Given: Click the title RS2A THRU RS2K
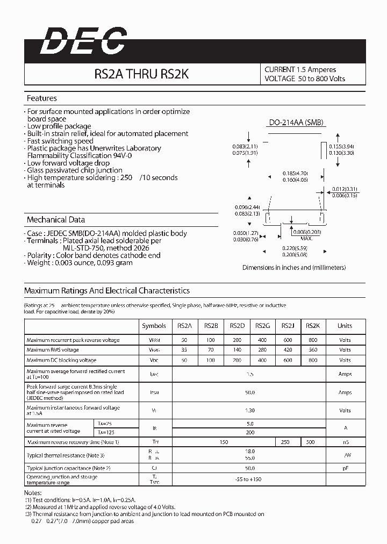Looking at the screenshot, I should pos(141,74).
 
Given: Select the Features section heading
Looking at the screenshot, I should pos(42,98).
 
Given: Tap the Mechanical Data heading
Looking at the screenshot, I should pos(56,220).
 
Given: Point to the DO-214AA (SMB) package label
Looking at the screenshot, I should pos(297,123).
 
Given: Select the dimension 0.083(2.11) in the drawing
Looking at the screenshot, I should pos(245,146).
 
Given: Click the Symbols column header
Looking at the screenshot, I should pos(154,326).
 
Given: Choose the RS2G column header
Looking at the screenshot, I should pos(262,326).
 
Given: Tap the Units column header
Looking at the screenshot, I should pos(345,326).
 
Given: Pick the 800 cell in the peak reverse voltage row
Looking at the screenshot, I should pos(313,340).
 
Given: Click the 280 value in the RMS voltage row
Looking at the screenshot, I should pos(262,350).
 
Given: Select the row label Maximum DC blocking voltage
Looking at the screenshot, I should pos(62,360).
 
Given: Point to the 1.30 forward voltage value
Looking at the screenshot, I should pos(249,410).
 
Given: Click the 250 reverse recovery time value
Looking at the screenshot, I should pos(285,442).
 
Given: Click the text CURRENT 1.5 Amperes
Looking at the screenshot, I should pos(300,69).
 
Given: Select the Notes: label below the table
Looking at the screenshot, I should pos(32,492).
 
